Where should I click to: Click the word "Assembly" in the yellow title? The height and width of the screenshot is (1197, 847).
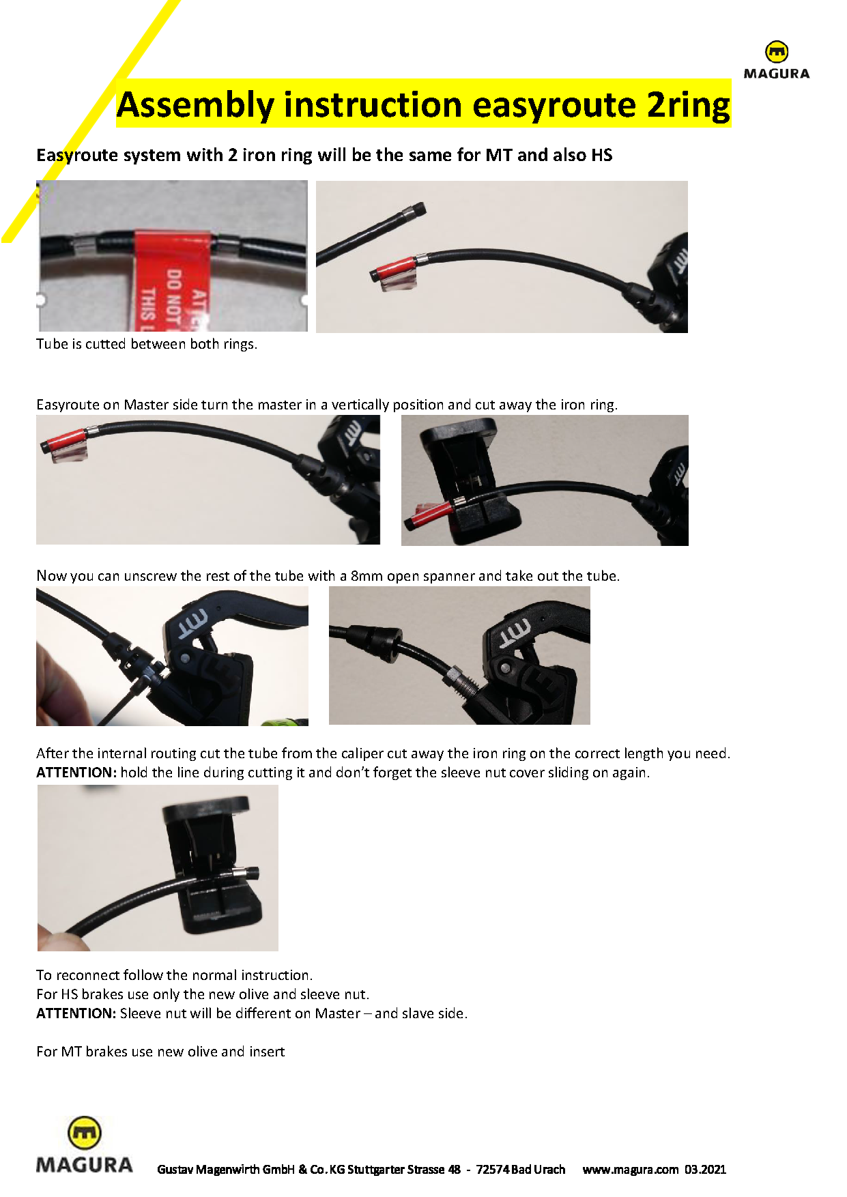pos(195,105)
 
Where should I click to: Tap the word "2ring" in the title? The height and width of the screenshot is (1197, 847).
pos(688,105)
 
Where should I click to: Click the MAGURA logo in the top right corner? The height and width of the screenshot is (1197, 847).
pos(776,61)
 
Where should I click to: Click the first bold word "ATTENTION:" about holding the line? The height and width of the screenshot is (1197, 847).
pos(76,773)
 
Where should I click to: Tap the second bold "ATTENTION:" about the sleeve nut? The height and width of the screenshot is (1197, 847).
pos(76,1013)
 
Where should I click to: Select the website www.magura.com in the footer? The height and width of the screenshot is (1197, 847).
pos(631,1169)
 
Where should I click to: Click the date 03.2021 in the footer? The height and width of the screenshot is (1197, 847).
pos(706,1169)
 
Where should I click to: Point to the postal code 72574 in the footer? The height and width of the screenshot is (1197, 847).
pos(492,1169)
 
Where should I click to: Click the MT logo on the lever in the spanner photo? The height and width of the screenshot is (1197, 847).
pos(193,623)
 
